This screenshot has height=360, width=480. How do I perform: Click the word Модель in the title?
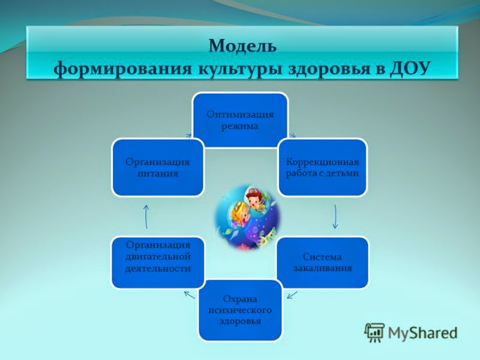pos(242,46)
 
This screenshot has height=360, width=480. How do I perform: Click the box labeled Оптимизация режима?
pos(239,120)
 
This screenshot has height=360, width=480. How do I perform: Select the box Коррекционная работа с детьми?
pos(322,167)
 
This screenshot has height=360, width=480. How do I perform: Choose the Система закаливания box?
pos(322,262)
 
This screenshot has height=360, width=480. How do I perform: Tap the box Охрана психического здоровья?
pos(239,309)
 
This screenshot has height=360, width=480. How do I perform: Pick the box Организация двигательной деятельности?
pos(158,262)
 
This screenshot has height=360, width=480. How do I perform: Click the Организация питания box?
pos(158,167)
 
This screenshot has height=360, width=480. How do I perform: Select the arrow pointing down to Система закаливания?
pos(335,217)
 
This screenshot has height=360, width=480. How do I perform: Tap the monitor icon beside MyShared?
pos(374,332)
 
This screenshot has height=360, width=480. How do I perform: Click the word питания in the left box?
pos(158,173)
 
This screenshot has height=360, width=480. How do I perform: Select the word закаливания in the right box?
pos(322,268)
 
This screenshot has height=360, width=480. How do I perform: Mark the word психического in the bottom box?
pos(239,310)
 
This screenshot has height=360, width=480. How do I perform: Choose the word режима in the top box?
pos(239,125)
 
